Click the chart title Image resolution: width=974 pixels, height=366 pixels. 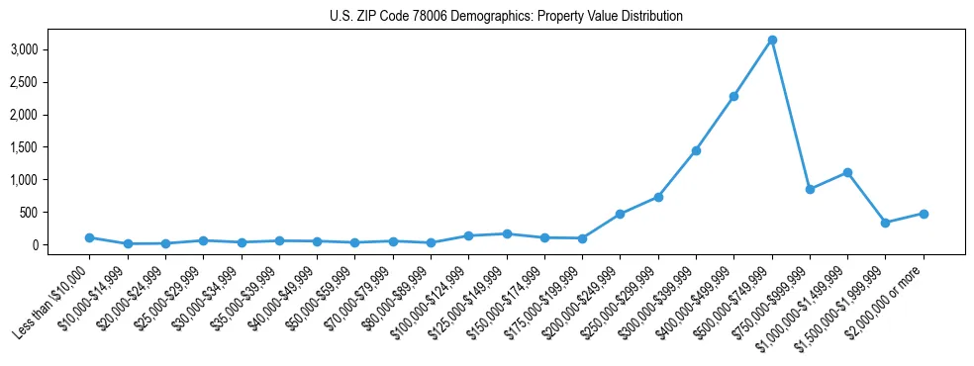[506, 17]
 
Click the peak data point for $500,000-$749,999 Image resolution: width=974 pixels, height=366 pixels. [772, 40]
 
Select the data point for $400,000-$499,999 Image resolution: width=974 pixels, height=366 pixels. [734, 96]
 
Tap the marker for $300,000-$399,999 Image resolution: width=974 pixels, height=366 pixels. [696, 150]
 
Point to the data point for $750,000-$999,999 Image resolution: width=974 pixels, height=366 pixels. [810, 189]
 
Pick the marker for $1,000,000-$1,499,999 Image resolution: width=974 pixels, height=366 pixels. [848, 172]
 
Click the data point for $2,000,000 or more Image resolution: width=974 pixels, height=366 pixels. [924, 214]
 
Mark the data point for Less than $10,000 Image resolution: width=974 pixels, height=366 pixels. [89, 237]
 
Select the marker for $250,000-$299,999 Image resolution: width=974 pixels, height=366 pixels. [658, 197]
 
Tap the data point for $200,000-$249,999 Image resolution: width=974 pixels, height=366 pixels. [620, 214]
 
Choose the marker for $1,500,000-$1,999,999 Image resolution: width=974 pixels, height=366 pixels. [886, 223]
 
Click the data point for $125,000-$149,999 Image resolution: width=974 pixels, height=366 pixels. [507, 233]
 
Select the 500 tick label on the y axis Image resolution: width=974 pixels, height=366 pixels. [45, 213]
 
